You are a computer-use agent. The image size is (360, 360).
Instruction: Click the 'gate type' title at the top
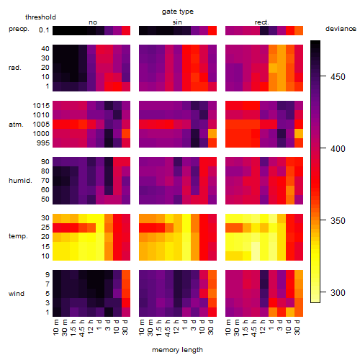[178, 12]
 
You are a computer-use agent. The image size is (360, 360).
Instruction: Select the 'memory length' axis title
[177, 350]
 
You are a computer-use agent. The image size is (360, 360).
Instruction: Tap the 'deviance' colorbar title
[341, 29]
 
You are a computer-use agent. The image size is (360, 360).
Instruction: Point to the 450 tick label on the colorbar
[338, 77]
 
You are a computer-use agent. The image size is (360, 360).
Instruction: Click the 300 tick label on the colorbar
[338, 293]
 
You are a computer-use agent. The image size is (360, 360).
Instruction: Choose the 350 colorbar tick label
[338, 221]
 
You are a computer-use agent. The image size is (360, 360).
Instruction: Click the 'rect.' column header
[261, 22]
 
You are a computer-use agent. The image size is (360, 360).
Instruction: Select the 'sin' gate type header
[177, 22]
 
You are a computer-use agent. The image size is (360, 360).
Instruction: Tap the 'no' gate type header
[93, 22]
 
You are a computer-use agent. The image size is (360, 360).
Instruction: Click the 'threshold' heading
[40, 17]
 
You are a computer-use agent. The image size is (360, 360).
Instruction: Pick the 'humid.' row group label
[20, 181]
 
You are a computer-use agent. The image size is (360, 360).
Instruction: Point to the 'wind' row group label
[17, 294]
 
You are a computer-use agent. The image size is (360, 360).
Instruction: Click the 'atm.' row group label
[16, 125]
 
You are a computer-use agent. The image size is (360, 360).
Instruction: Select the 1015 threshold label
[41, 106]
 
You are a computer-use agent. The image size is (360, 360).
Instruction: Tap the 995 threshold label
[43, 143]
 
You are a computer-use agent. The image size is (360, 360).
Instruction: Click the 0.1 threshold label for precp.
[44, 30]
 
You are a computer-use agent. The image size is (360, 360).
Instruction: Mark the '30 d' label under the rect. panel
[297, 327]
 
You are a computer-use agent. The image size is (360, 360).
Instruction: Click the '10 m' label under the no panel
[55, 327]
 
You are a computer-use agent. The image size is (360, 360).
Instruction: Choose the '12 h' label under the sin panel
[176, 327]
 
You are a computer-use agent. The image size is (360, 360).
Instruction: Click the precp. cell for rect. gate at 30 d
[299, 30]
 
